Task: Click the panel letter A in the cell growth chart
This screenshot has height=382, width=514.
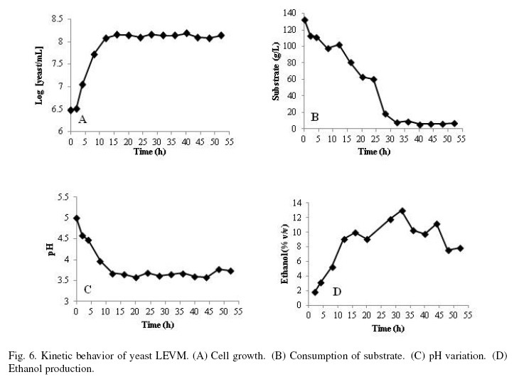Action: point(82,120)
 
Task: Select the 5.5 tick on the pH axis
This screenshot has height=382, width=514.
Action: point(62,196)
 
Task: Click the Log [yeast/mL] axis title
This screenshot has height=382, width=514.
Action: point(41,75)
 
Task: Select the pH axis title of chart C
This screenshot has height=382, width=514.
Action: point(51,249)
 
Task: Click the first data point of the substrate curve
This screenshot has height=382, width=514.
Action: point(305,20)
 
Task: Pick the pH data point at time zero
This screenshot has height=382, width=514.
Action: point(76,218)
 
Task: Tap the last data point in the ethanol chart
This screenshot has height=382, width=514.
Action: point(460,248)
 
